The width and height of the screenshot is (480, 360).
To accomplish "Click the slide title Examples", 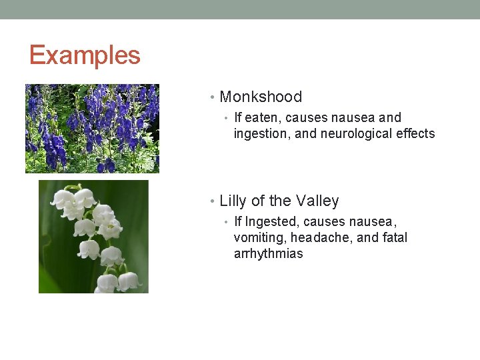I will click(x=85, y=55).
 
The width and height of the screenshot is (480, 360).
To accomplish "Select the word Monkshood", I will click(x=261, y=97).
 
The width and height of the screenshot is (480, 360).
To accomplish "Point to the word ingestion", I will click(x=257, y=134).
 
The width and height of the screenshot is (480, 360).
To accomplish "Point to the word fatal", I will click(x=393, y=238).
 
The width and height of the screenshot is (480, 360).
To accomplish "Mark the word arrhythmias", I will click(x=268, y=254).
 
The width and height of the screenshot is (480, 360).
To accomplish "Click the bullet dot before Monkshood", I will click(x=212, y=98).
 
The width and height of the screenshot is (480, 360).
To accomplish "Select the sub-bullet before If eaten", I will click(x=227, y=119).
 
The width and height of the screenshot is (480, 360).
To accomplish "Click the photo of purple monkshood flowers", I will click(x=92, y=129).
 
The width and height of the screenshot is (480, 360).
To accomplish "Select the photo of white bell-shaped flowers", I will click(x=93, y=237).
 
